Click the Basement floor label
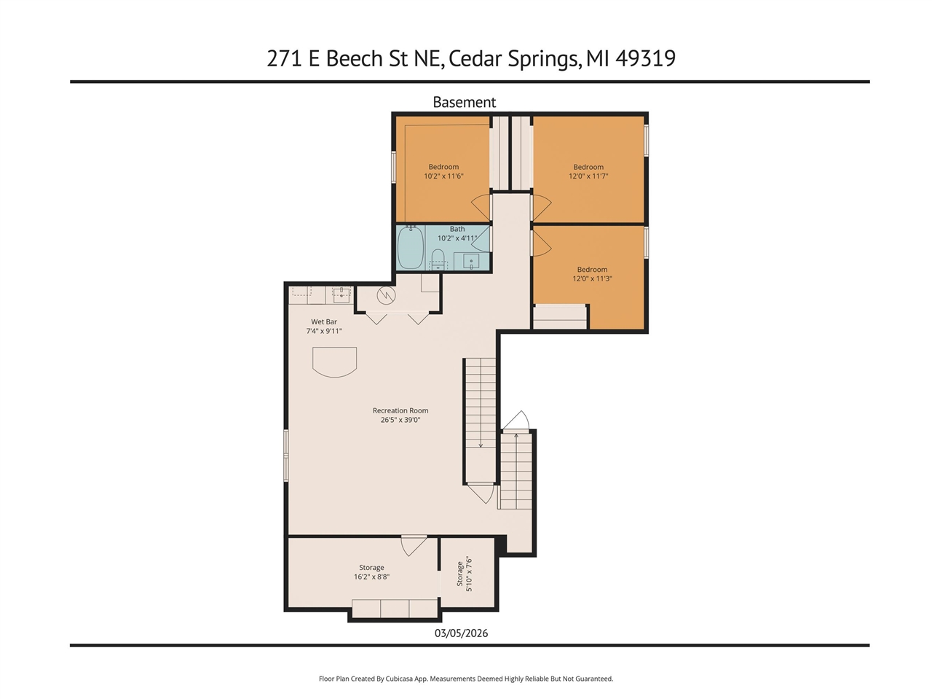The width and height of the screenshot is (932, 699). (x=464, y=102)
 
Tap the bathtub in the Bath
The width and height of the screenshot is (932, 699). (x=410, y=248)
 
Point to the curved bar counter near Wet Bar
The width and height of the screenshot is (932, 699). (x=334, y=362)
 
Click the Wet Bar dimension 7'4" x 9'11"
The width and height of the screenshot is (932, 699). (x=324, y=331)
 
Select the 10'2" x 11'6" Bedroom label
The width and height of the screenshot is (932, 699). (x=443, y=171)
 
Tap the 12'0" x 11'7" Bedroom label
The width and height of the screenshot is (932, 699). (x=588, y=171)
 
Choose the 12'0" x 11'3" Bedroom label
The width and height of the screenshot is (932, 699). (x=592, y=274)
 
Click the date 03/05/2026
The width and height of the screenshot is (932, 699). (x=461, y=633)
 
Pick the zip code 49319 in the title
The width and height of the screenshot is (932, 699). (x=645, y=58)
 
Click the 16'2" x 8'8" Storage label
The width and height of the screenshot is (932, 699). (x=371, y=572)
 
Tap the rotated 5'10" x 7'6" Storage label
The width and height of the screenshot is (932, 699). (x=465, y=574)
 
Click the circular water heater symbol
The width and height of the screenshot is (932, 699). (x=386, y=296)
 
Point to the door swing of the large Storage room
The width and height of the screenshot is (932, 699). (x=413, y=545)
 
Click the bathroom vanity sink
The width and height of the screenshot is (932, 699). (x=471, y=261)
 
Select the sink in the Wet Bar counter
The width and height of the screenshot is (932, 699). (x=341, y=294)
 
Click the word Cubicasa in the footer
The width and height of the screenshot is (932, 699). (x=400, y=679)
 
